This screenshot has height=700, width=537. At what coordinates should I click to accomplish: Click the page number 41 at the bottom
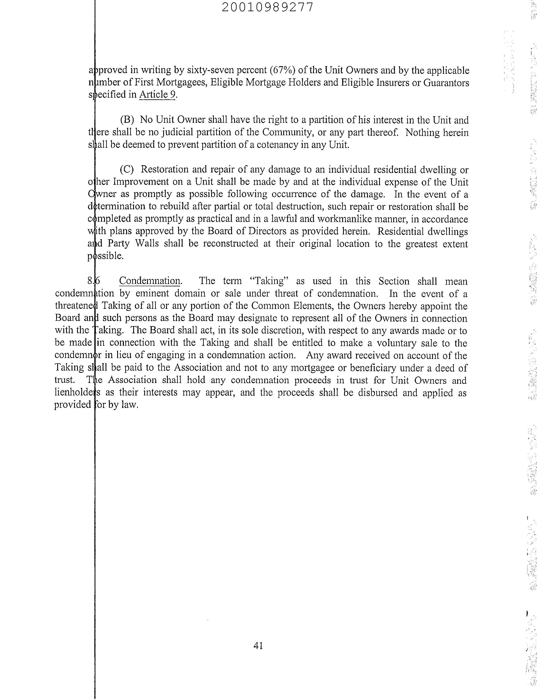(258, 646)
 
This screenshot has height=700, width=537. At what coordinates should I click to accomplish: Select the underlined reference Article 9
(157, 95)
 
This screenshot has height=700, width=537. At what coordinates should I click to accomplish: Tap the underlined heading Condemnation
(150, 281)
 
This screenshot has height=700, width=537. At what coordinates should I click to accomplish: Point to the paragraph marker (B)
(127, 120)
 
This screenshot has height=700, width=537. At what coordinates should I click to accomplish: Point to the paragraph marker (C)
(127, 169)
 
